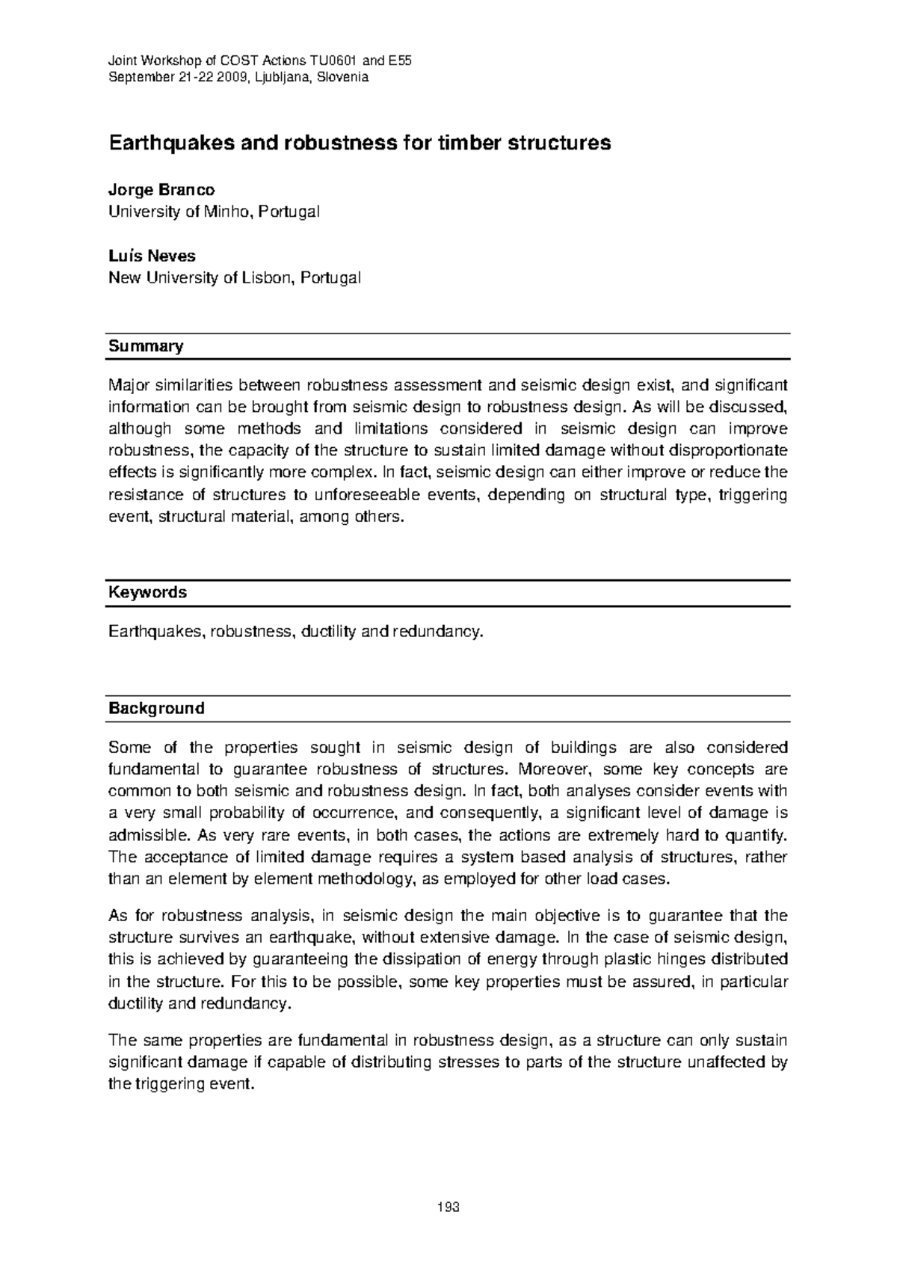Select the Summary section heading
pos(146,346)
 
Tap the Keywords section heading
pos(147,592)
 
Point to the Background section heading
pos(156,708)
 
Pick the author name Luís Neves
pos(152,256)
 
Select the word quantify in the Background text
pos(760,834)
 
